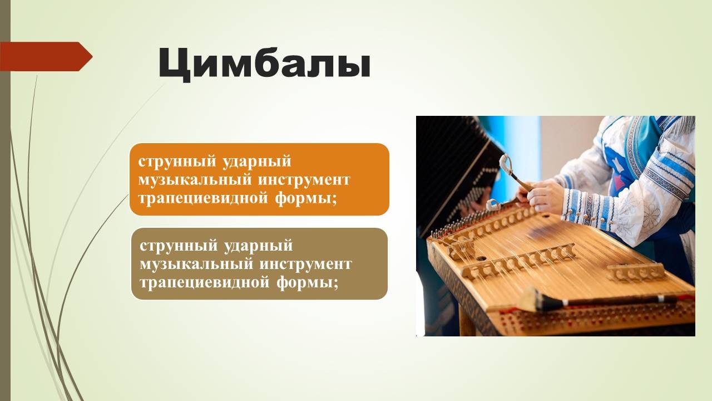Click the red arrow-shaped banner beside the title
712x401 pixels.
point(46,56)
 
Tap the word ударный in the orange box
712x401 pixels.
point(257,162)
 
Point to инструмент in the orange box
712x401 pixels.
point(304,180)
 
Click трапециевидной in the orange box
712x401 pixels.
point(204,199)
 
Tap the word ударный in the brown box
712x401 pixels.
point(259,246)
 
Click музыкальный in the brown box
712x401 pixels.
point(197,265)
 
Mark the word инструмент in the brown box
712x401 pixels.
point(305,265)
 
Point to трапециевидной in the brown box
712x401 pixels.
point(205,283)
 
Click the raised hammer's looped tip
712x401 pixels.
point(506,164)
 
